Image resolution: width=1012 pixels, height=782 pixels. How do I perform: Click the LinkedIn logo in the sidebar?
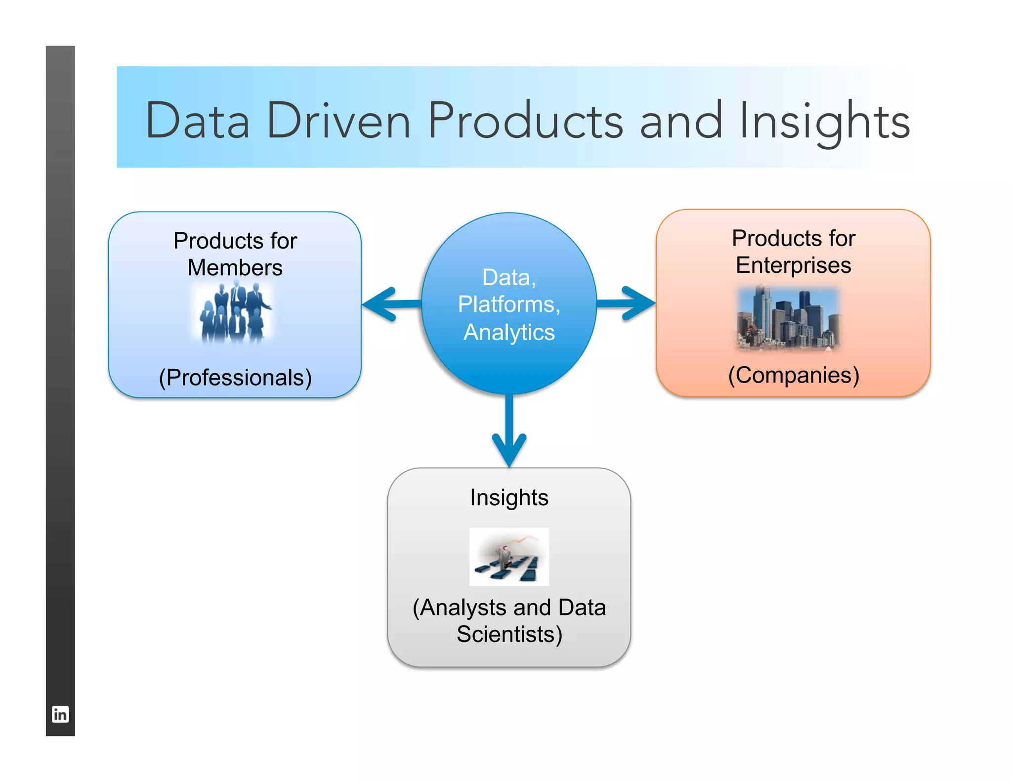click(60, 714)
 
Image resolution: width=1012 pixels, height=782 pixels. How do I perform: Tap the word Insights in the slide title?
click(824, 122)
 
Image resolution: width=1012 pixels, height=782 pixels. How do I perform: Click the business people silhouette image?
click(234, 312)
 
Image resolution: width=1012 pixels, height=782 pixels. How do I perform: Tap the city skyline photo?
click(789, 318)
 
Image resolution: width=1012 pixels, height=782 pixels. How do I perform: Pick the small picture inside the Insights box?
click(509, 557)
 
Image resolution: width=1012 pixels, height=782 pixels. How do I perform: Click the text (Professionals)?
click(235, 378)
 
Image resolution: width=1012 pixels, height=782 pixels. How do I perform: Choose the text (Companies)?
click(794, 375)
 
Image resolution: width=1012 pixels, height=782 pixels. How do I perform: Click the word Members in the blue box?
click(235, 267)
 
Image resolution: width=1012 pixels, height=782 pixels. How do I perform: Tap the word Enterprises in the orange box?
click(793, 265)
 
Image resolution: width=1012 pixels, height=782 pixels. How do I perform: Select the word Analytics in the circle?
click(509, 332)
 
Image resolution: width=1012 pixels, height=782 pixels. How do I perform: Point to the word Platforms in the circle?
click(509, 304)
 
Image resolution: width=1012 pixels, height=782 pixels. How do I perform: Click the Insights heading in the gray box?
click(509, 497)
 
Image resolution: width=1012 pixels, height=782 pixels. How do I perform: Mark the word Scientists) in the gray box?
click(509, 634)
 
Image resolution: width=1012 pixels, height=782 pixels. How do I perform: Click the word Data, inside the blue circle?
click(509, 277)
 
